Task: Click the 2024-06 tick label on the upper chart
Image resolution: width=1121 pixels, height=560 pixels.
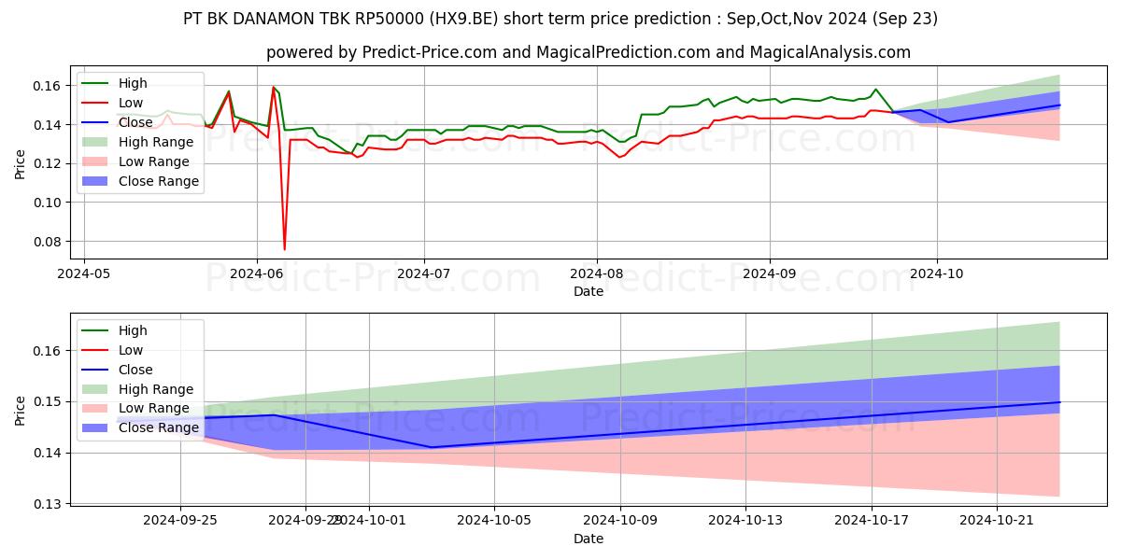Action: point(256,273)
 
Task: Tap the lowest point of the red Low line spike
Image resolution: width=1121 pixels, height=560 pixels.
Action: point(285,248)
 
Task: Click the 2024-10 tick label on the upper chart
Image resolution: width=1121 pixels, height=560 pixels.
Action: point(937,273)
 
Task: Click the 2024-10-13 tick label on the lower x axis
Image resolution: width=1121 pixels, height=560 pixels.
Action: point(745,520)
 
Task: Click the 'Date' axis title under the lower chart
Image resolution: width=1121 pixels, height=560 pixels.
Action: point(589,539)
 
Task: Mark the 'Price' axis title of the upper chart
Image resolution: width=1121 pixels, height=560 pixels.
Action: point(20,162)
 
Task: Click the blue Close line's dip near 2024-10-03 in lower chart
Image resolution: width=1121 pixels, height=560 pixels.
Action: point(431,447)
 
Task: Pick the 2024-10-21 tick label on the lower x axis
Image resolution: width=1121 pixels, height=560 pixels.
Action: point(997,520)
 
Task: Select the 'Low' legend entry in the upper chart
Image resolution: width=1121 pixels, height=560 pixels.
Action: point(132,103)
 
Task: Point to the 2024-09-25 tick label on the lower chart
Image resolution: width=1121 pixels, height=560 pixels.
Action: point(180,520)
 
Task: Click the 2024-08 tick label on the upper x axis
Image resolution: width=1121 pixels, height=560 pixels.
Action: point(596,273)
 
